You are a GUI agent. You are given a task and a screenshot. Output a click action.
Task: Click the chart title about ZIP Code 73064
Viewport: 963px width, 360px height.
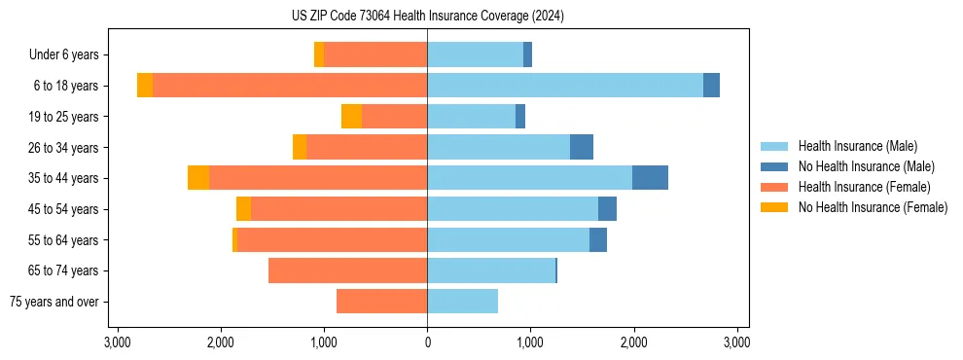(x=427, y=16)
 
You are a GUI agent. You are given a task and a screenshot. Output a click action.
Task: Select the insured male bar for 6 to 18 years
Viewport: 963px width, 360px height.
(x=564, y=86)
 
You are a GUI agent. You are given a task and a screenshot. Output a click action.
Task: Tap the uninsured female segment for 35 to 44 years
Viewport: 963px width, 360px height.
(x=198, y=178)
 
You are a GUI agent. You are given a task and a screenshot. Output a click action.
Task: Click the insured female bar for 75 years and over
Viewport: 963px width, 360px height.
(x=381, y=302)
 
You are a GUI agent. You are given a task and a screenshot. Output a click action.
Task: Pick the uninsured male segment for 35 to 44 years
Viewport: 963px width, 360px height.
(x=650, y=178)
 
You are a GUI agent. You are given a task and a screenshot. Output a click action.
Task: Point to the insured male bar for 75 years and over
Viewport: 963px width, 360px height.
(x=462, y=302)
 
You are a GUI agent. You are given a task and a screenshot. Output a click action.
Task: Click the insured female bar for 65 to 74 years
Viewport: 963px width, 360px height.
(x=347, y=270)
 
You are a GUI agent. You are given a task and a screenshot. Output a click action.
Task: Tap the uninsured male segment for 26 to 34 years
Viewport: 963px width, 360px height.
(x=582, y=147)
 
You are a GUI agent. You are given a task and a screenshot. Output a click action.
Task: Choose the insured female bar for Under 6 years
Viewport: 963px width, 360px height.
(x=375, y=54)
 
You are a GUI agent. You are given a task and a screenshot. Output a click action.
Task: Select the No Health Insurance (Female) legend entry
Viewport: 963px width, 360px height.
(x=873, y=207)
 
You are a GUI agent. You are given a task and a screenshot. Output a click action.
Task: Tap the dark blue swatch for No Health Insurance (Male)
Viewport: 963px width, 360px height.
(x=774, y=166)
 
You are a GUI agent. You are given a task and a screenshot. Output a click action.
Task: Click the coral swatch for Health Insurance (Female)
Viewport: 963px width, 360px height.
(x=774, y=187)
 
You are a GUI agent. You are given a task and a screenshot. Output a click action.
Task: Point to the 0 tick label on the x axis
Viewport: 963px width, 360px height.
(x=427, y=342)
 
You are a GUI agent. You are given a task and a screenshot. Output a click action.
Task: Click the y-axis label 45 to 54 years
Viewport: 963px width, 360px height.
(x=64, y=209)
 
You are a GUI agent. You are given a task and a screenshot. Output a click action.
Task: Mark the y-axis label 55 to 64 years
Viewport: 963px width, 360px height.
(x=64, y=240)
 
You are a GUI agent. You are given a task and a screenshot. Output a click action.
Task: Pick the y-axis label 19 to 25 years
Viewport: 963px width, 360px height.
(x=64, y=117)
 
